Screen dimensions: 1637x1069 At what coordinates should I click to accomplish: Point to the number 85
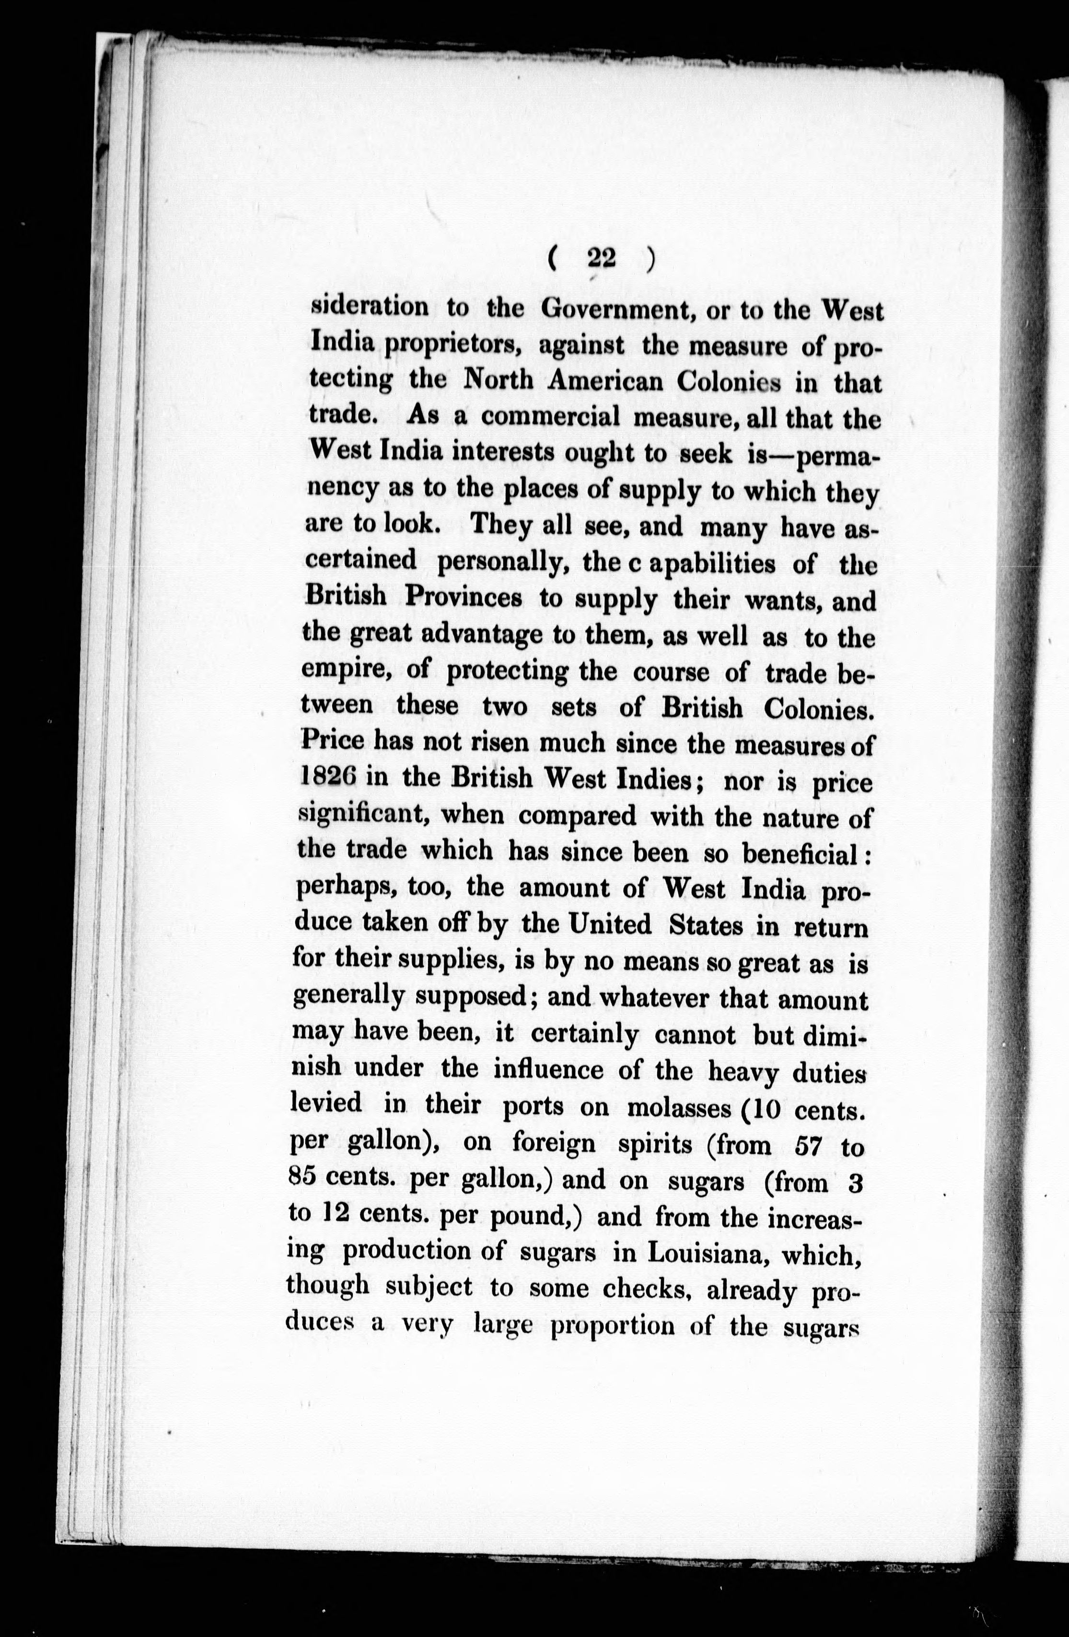click(x=302, y=1177)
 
